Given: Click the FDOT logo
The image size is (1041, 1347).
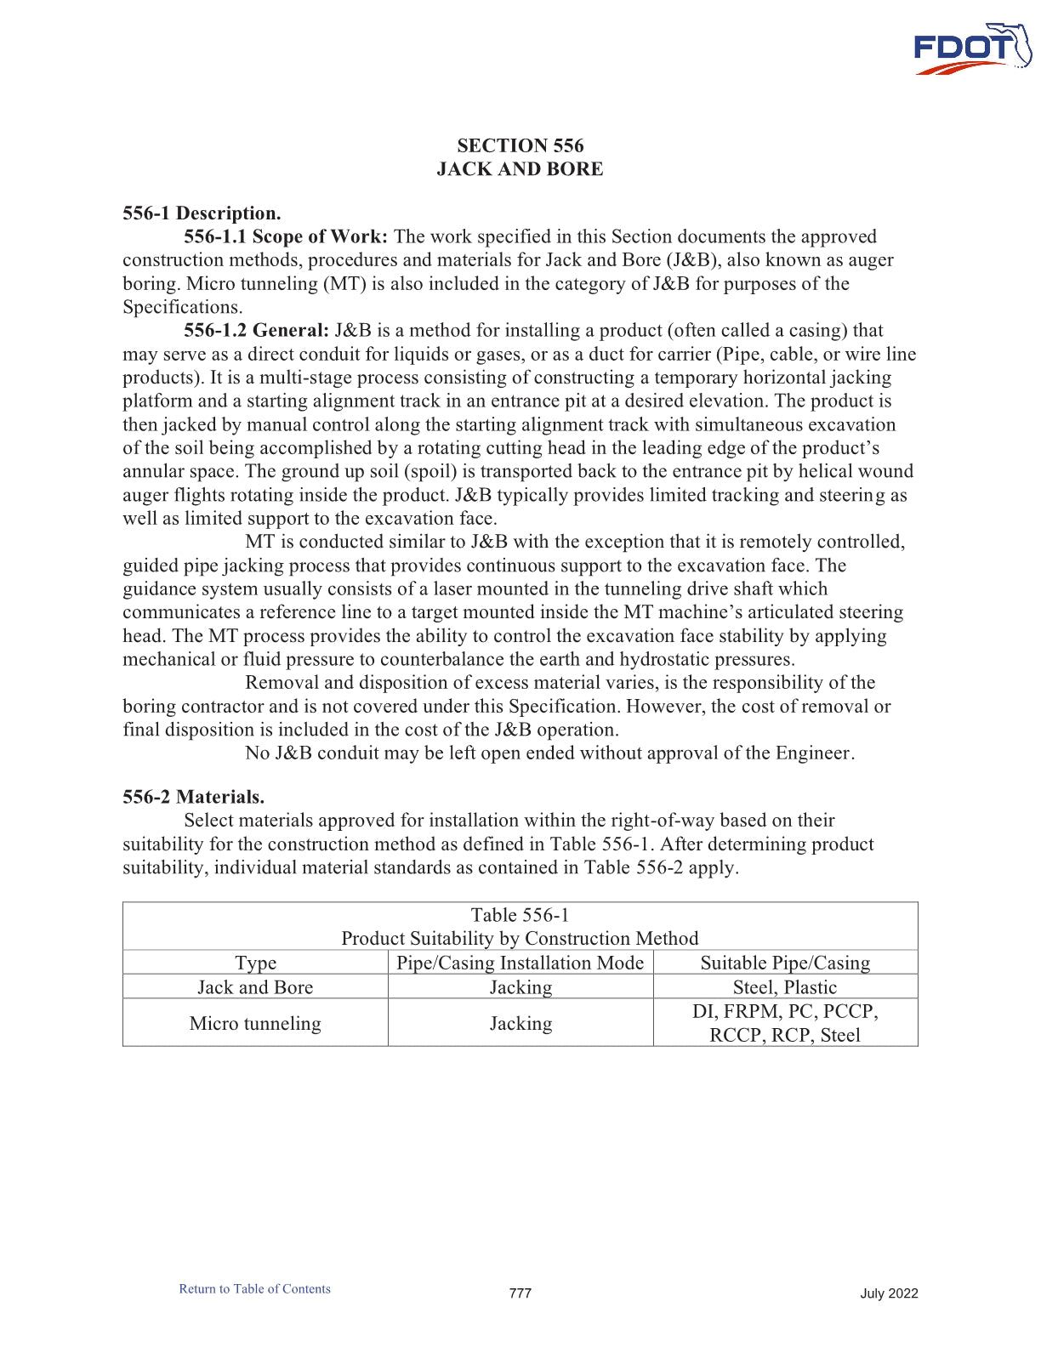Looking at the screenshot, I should coord(971,49).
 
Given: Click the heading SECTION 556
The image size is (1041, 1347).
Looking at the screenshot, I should coord(520,145).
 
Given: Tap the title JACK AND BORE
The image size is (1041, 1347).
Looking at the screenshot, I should coord(520,169).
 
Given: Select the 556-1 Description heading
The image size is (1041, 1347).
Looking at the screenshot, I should coord(202,213).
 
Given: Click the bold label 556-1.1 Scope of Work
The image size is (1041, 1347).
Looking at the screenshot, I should coord(286,237).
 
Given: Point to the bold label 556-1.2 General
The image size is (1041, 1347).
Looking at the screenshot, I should coord(256,331).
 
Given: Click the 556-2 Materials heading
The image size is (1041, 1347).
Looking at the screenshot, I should coord(193,798).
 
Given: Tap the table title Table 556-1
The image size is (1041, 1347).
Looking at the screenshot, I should coord(520,915).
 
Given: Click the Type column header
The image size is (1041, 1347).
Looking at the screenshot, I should coord(255,963).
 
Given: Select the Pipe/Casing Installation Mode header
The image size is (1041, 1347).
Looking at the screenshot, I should coord(520,963).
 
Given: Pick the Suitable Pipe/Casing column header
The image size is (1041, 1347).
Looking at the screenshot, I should coord(785,963).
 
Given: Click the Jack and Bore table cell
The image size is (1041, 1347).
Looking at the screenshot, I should coord(255,987).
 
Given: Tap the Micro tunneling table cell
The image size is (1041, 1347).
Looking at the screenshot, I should coord(255,1023).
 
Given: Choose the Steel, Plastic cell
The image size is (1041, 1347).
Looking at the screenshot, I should coord(785,987).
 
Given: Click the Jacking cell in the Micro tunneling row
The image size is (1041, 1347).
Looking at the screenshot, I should coord(520,1023).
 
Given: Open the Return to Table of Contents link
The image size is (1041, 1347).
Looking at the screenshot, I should coord(254,1289).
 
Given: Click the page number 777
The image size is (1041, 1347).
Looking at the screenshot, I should coord(520,1293).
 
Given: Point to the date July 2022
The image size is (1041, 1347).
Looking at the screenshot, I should coord(889,1293).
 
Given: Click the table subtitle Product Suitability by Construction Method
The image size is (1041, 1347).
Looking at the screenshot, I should coord(520,939).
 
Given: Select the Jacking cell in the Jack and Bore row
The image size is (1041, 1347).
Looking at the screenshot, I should coord(520,987).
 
